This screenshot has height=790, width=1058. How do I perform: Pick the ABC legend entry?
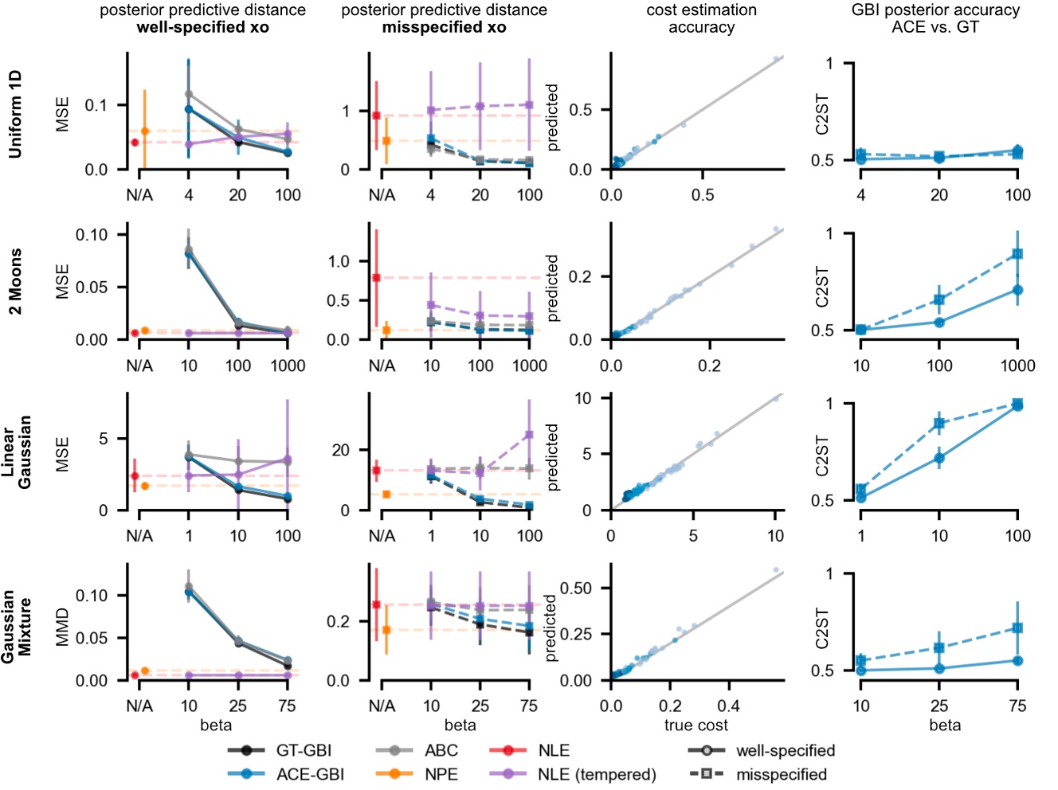[x=441, y=750]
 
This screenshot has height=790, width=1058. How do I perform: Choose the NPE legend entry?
[x=441, y=774]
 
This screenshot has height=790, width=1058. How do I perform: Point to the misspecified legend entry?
[x=781, y=774]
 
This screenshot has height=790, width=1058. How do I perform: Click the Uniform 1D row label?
[x=15, y=114]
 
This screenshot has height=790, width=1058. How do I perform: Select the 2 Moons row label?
[x=15, y=281]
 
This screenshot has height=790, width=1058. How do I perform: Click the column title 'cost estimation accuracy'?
[x=701, y=19]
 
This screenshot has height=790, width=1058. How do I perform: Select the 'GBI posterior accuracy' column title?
[x=935, y=19]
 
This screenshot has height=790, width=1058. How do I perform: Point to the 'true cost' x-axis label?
[x=696, y=725]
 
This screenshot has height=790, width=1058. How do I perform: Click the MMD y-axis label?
[x=63, y=627]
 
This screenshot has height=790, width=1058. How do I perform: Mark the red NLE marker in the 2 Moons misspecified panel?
[x=377, y=277]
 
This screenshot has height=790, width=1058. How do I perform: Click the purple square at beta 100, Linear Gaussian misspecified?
[x=529, y=435]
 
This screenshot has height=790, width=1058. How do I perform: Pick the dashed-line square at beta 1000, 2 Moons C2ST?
[x=1017, y=254]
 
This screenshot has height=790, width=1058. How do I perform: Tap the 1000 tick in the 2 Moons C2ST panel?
[x=1017, y=366]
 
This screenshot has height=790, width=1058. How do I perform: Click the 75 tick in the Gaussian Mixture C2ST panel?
[x=1017, y=706]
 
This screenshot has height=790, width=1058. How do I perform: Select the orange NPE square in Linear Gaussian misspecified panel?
[x=386, y=495]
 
